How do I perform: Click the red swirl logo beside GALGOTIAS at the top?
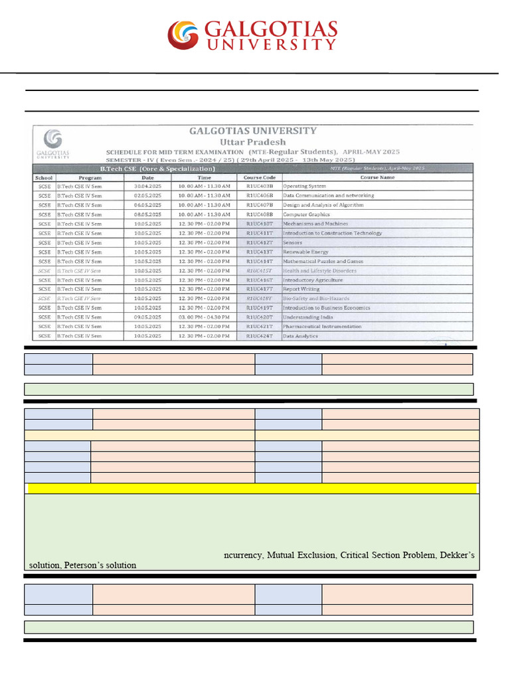[x=183, y=35]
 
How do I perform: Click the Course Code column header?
[x=259, y=177]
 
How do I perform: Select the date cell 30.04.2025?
[x=147, y=187]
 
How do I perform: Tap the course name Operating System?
[x=305, y=187]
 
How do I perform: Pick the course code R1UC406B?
[x=259, y=196]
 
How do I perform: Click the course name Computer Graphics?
[x=306, y=214]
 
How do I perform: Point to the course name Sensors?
[x=293, y=242]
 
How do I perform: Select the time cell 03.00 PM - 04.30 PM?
[x=204, y=317]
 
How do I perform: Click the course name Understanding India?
[x=307, y=317]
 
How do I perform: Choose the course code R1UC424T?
[x=259, y=336]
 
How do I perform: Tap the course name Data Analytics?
[x=300, y=336]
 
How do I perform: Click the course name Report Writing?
[x=301, y=289]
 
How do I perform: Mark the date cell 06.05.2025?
[x=147, y=205]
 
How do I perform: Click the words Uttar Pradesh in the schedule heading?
[x=253, y=141]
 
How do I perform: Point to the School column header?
[x=44, y=177]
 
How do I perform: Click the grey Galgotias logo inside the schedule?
[x=52, y=141]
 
